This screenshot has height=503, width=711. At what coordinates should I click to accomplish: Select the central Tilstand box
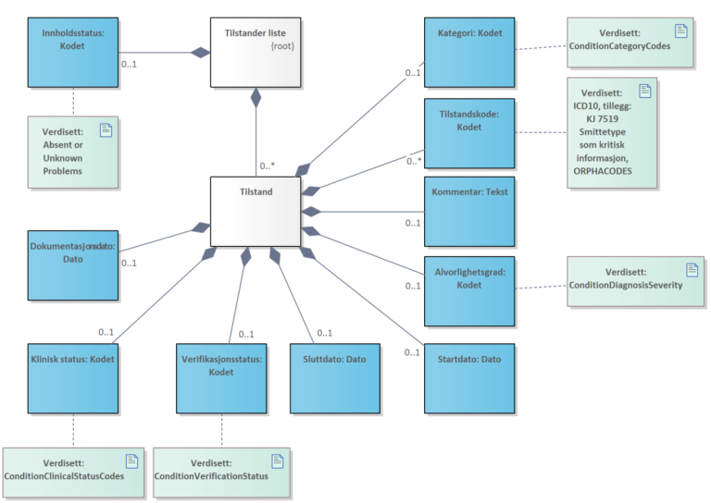point(256,212)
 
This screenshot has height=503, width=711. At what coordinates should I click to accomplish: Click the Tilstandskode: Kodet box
point(469,132)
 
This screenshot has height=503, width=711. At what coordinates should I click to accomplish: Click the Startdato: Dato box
point(469,378)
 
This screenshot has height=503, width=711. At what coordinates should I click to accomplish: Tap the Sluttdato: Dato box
point(335,378)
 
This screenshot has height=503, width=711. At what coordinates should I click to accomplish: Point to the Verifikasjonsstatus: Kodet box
point(220,378)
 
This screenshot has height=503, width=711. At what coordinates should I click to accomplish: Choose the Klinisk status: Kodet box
point(72,378)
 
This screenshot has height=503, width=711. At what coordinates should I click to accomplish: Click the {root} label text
point(281,44)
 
